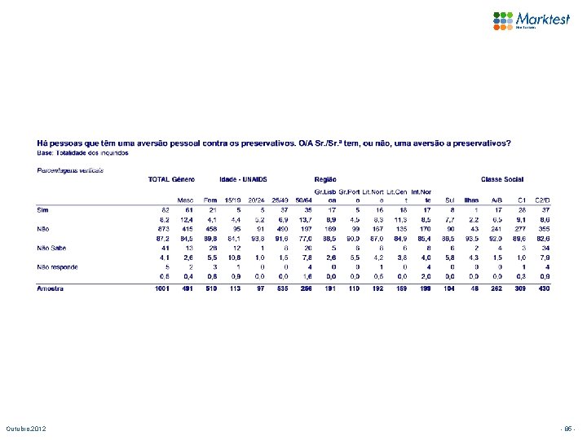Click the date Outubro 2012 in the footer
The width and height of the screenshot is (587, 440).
coord(27,428)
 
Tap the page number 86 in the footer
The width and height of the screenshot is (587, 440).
coord(568,428)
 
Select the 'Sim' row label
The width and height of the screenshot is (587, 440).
coord(44,209)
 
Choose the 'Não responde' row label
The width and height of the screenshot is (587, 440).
coord(56,266)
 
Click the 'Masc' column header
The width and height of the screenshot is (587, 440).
coord(186,199)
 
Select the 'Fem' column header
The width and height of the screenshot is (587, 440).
coord(210,199)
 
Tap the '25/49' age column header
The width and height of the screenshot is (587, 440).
coord(280,199)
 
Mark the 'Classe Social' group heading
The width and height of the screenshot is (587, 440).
coord(503,178)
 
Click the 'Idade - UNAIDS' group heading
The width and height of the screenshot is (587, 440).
coord(244,178)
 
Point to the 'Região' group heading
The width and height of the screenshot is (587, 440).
coord(325,178)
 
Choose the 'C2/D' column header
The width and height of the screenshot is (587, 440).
coord(541,199)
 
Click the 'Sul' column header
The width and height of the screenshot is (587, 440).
coord(449,199)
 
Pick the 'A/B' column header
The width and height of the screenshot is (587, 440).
coord(496,199)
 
